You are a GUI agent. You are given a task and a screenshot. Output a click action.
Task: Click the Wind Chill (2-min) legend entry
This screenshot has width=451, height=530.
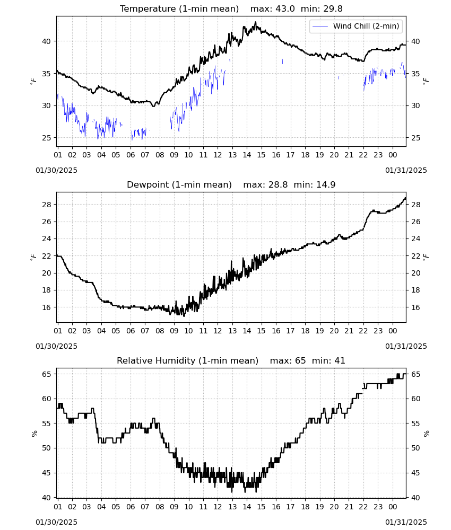[x=356, y=26]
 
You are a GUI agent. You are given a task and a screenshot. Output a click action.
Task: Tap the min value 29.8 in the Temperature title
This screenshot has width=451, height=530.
[x=333, y=9]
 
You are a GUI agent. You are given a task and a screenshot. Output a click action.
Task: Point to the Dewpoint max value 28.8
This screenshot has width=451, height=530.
[x=278, y=185]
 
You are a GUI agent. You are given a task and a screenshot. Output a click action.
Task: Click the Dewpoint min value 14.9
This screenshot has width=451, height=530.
[x=326, y=185]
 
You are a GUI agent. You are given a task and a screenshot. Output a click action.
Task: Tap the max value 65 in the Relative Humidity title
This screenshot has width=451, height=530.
[x=300, y=360]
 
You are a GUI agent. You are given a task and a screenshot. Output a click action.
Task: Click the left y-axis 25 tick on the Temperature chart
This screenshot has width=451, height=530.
[x=46, y=138]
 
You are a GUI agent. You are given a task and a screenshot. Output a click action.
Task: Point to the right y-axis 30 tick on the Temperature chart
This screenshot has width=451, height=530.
[x=415, y=106]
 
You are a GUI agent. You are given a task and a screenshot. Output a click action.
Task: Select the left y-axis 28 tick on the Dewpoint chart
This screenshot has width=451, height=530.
[x=46, y=205]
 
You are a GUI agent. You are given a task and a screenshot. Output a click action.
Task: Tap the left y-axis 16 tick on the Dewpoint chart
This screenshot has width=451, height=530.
[x=46, y=307]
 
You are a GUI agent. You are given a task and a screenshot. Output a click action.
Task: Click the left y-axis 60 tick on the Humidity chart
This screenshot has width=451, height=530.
[x=46, y=399]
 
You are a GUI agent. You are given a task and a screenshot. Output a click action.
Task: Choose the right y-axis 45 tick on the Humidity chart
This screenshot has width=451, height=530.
[x=415, y=473]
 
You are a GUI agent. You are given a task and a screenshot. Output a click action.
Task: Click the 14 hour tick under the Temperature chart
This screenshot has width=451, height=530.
[x=247, y=155]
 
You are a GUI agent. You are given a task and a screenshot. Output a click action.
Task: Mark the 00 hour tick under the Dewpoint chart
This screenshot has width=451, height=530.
[x=393, y=331]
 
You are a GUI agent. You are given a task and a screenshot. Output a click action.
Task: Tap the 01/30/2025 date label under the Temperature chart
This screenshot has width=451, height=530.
[x=56, y=170]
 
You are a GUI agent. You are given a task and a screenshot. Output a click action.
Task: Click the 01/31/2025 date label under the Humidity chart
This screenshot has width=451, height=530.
[x=406, y=522]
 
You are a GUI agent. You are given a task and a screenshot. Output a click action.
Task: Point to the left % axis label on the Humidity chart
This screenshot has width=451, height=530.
[x=34, y=434]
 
